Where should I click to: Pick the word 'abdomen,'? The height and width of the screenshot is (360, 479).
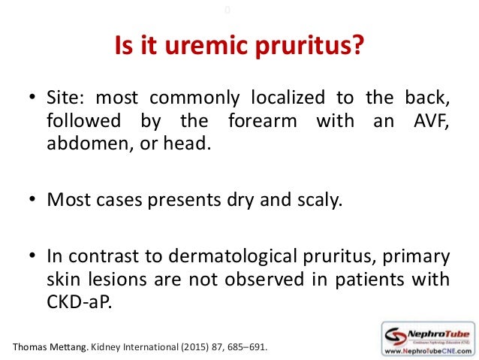[x=84, y=145]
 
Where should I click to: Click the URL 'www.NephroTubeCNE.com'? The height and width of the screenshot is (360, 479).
[x=426, y=350]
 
